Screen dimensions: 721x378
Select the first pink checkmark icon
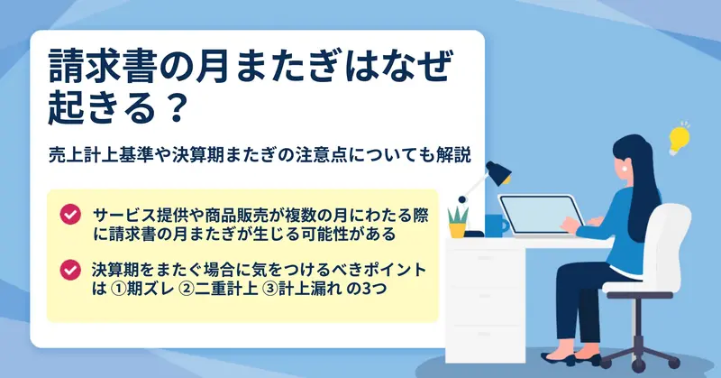70,215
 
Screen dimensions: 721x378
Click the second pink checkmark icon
70,271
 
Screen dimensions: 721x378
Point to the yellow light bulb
679,139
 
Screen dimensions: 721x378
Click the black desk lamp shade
498,172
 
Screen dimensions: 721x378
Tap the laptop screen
541,216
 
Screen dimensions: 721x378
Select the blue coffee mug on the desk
496,226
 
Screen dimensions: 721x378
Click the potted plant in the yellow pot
458,223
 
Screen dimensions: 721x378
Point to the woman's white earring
625,168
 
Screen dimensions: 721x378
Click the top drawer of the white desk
485,258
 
